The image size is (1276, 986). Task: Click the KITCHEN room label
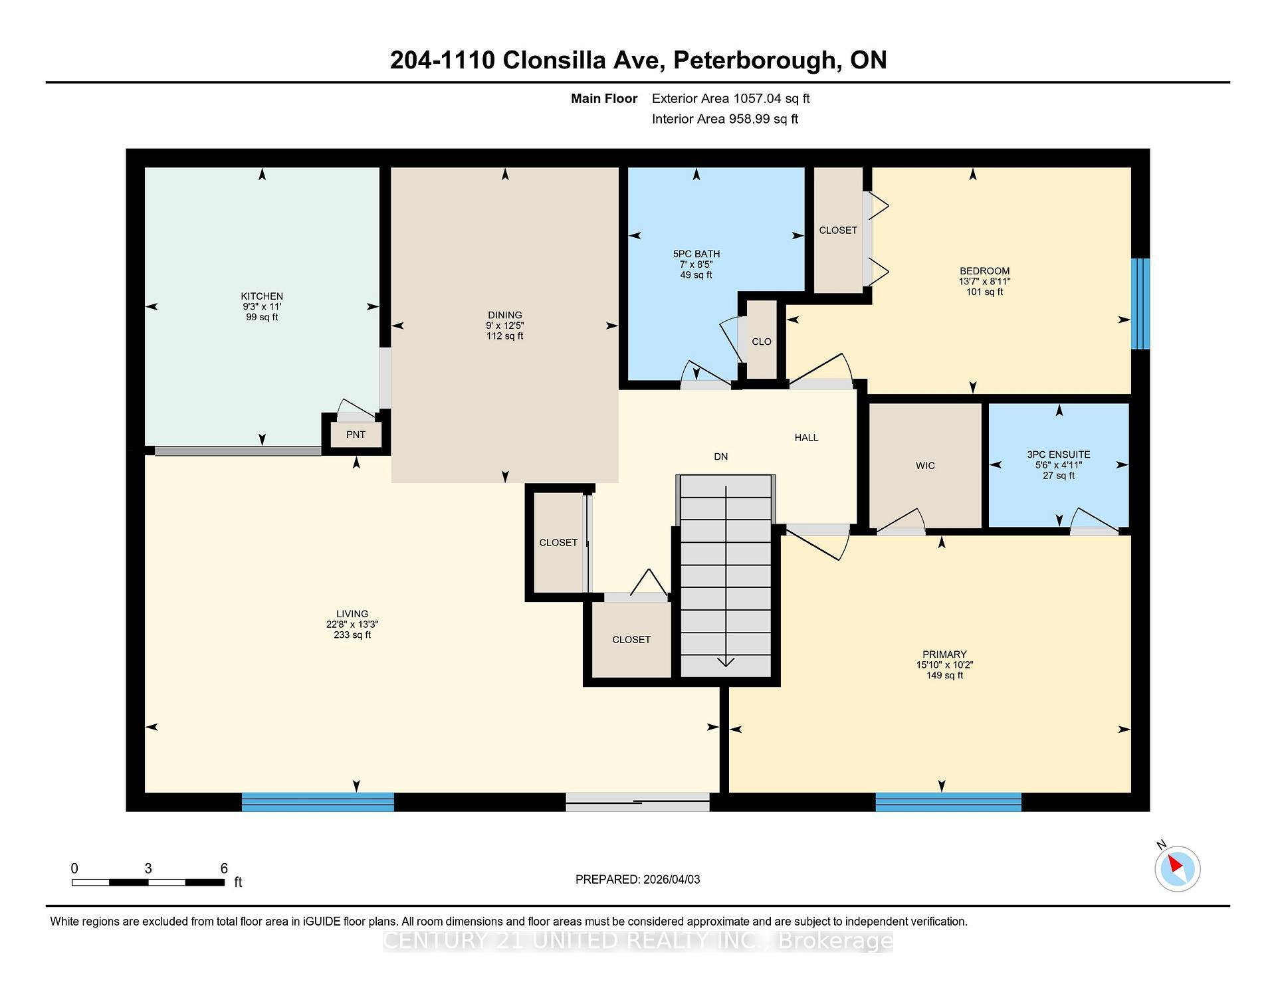tap(262, 296)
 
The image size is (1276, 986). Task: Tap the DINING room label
tap(504, 315)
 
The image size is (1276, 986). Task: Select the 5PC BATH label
tap(696, 254)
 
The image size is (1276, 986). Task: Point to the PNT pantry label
tap(356, 435)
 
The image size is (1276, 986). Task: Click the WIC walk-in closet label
tap(925, 466)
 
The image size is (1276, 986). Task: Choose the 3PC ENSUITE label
tap(1059, 454)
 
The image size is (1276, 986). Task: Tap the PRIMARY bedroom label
tap(944, 654)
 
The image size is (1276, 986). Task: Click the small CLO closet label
tap(762, 342)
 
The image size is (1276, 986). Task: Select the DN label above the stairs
tap(721, 456)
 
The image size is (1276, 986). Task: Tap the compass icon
tap(1177, 868)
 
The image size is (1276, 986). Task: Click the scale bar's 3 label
tap(148, 868)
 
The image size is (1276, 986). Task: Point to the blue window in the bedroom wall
tap(1140, 304)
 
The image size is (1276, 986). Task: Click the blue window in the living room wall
tap(318, 802)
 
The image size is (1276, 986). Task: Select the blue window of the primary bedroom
tap(948, 802)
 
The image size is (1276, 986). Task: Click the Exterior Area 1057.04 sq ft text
tap(730, 98)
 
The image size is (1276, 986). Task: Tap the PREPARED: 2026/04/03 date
tap(637, 879)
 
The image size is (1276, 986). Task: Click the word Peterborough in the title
tap(754, 60)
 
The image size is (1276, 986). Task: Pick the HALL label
tap(806, 437)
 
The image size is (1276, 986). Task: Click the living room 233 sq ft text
tap(352, 635)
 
